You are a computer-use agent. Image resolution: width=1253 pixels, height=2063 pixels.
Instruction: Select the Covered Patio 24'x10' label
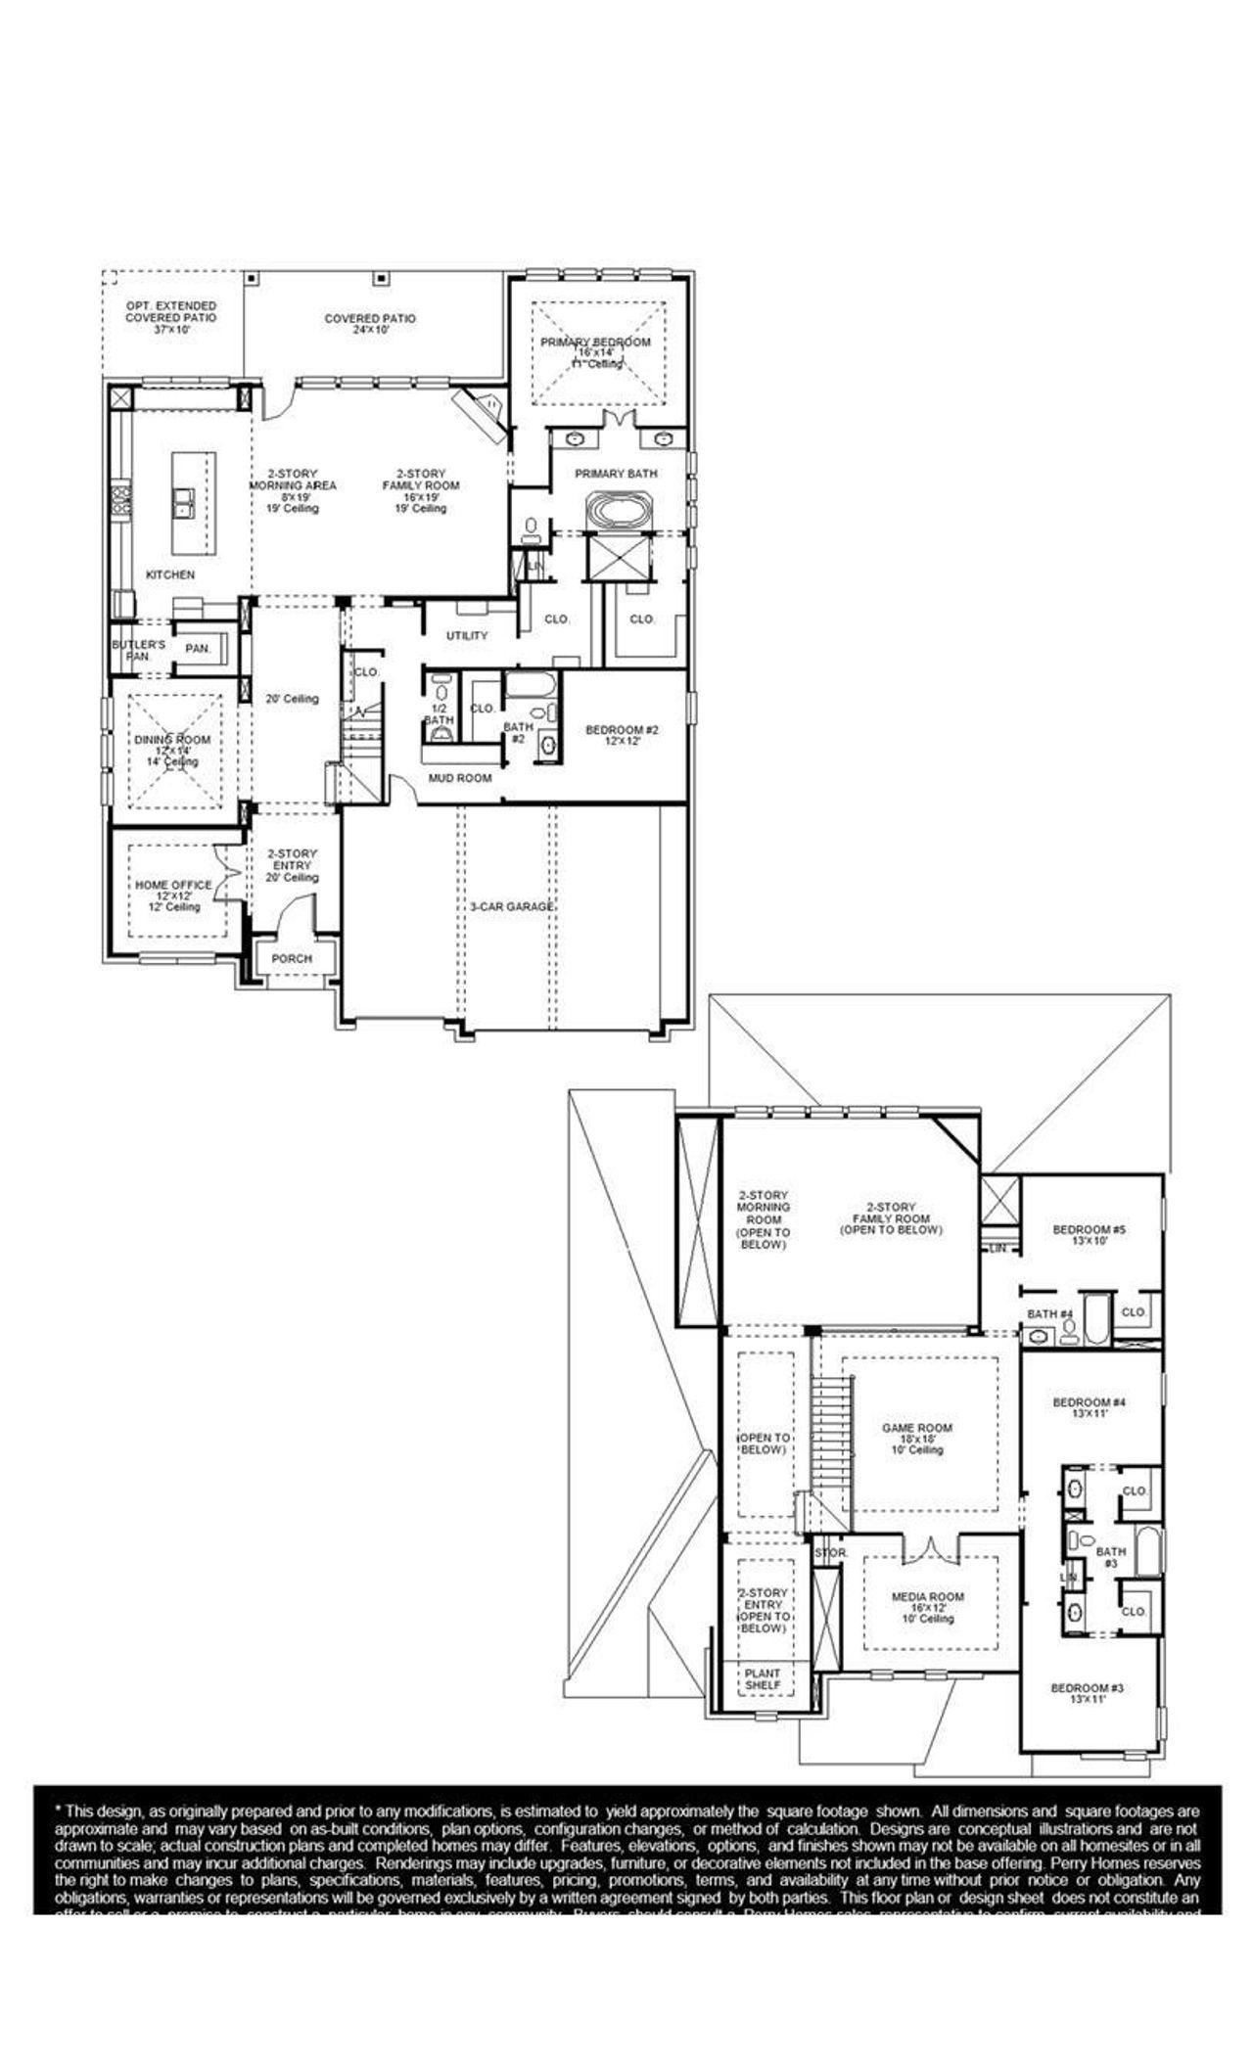tap(370, 324)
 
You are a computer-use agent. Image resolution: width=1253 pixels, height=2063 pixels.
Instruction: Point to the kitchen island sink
tap(184, 504)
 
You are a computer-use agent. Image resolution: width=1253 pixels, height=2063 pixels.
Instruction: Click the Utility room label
tap(467, 636)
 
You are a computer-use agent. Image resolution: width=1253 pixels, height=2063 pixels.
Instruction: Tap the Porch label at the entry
tap(292, 958)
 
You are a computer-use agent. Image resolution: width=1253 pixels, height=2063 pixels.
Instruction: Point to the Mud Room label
tap(460, 778)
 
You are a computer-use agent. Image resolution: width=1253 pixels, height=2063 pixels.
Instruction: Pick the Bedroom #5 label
tap(1090, 1235)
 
